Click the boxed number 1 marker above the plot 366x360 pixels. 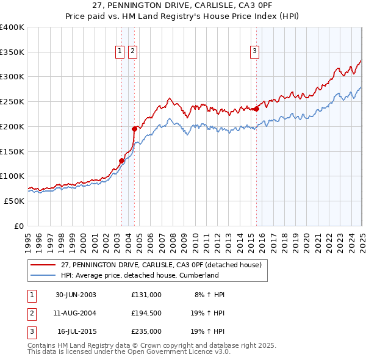point(120,51)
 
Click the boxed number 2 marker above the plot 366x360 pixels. point(132,51)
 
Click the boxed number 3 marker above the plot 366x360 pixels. point(254,51)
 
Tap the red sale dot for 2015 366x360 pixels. point(256,109)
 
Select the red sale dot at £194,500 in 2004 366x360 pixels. point(134,129)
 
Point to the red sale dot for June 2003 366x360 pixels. point(121,160)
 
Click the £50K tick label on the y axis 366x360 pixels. point(15,201)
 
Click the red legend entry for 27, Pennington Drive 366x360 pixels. point(161,265)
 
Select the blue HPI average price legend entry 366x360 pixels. point(140,275)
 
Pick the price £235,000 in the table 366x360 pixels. point(146,332)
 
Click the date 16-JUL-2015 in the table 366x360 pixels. point(77,332)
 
